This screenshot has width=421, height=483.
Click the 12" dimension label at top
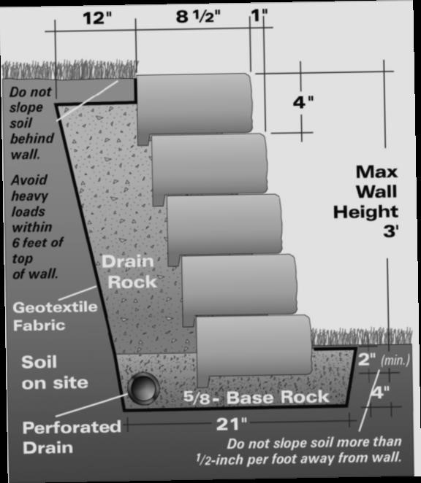click(x=97, y=18)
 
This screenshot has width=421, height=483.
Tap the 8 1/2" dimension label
click(x=199, y=16)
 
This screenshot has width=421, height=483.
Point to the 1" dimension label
click(x=259, y=15)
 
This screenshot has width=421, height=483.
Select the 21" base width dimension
click(x=232, y=424)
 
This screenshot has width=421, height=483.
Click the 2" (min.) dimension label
click(x=384, y=359)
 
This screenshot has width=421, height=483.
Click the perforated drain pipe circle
click(x=143, y=388)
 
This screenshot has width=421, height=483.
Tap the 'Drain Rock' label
click(x=129, y=271)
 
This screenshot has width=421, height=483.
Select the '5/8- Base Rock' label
click(x=256, y=397)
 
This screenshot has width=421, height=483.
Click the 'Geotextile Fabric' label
click(x=55, y=317)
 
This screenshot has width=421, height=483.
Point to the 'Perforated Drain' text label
click(x=72, y=438)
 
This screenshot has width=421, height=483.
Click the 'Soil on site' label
click(x=55, y=372)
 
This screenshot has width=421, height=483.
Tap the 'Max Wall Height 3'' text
click(x=366, y=201)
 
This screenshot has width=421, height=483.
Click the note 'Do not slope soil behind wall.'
click(x=31, y=123)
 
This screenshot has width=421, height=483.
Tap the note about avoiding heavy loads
click(x=37, y=227)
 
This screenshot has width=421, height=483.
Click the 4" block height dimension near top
click(x=303, y=102)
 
